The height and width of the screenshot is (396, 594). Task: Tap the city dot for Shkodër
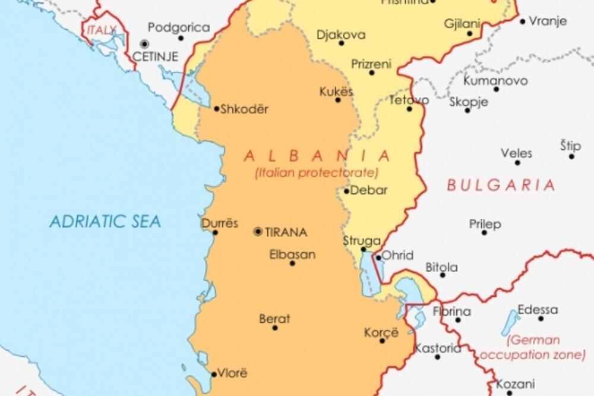pos(216,108)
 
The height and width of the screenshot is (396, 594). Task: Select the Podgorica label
pos(179,27)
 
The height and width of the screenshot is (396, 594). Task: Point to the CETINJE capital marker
pos(144,44)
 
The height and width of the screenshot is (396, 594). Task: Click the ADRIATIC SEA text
pos(105,222)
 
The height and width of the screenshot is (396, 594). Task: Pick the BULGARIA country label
pos(501,185)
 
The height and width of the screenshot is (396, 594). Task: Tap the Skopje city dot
pos(467,110)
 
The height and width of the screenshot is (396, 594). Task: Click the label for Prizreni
pos(371,64)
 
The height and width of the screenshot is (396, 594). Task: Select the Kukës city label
pos(336,92)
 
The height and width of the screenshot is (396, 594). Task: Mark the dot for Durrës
pos(215,232)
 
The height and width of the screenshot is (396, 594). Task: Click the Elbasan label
pos(292,254)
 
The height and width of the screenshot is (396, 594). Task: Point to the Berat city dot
pos(275,328)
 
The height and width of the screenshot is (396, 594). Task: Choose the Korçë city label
pos(381,332)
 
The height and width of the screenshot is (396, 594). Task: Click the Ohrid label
pos(397,256)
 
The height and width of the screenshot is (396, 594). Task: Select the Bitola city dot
pos(443,275)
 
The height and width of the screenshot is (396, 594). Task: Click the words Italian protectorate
pos(317,173)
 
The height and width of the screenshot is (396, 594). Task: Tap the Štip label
pos(571,146)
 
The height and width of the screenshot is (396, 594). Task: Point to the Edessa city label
pos(538,310)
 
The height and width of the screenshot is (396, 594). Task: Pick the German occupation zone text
pos(533,348)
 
